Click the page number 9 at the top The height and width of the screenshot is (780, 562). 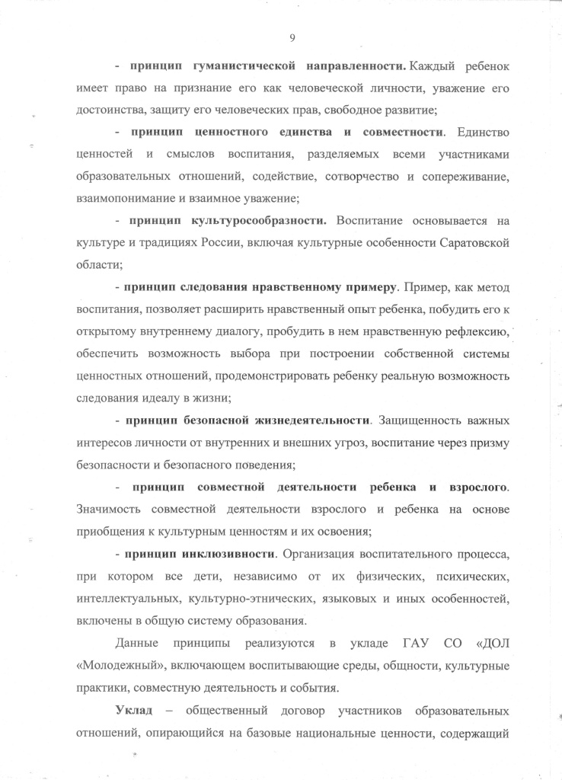click(x=292, y=38)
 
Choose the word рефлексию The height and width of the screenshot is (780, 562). click(x=471, y=331)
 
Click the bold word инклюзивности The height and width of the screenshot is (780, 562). click(x=228, y=552)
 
